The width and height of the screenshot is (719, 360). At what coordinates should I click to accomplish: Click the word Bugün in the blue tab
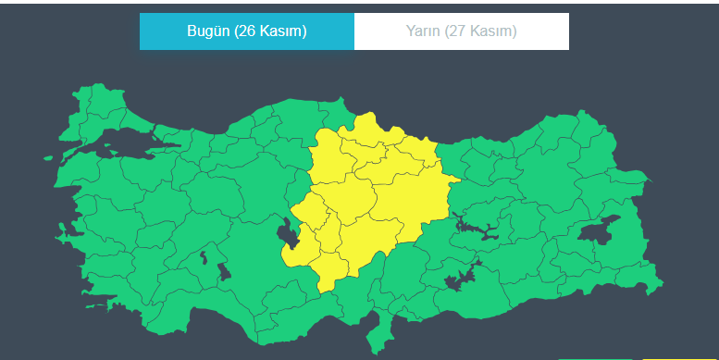click(208, 31)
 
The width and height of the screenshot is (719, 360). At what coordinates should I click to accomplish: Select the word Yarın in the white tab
click(423, 31)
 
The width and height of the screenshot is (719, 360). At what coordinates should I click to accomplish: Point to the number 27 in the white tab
click(459, 31)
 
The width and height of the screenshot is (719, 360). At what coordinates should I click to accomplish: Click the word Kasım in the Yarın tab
click(492, 31)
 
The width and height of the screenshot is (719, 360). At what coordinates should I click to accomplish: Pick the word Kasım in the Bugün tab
click(281, 31)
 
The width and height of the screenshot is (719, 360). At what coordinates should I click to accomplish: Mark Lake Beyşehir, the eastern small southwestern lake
click(224, 270)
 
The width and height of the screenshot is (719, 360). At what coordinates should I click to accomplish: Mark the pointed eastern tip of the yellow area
click(459, 179)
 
